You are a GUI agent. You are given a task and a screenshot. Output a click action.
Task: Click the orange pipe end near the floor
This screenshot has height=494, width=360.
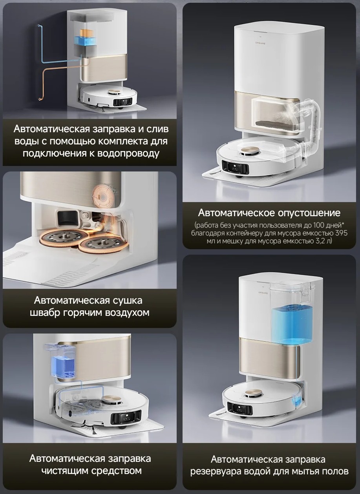point(40,98)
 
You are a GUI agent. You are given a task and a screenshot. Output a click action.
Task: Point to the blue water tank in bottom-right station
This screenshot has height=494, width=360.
point(291,324)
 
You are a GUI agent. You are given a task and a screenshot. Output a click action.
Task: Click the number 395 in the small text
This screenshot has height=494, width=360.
point(341,233)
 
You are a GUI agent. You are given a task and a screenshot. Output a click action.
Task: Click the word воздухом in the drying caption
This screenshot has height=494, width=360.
point(127,312)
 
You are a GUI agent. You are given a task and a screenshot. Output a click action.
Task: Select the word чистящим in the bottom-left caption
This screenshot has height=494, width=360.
point(64,470)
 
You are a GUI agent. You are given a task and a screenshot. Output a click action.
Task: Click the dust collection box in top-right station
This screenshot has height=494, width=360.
point(276,117)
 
